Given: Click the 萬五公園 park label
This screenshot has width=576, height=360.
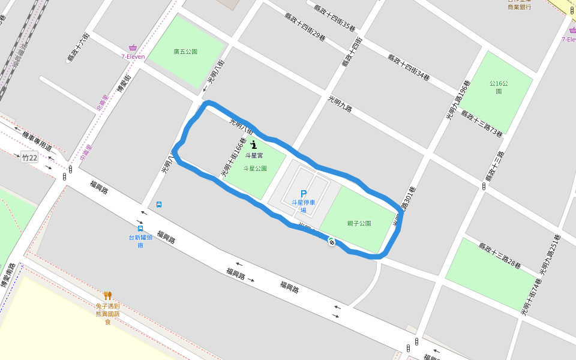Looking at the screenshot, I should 185,52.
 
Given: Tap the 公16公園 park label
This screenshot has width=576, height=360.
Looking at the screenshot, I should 499,87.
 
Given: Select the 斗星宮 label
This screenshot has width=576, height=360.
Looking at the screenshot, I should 254,155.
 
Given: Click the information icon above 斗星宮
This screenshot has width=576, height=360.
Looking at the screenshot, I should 254,145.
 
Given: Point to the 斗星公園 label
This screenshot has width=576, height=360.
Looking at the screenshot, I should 254,169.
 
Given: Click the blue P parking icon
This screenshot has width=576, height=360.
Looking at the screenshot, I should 303,194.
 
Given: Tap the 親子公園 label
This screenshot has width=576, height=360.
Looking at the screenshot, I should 359,223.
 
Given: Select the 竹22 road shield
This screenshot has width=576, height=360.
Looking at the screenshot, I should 29,158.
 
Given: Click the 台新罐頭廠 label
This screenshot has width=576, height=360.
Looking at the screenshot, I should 140,241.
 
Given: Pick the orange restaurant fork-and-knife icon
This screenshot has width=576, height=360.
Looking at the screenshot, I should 107,295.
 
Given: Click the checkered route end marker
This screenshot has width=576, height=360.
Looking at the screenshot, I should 331,241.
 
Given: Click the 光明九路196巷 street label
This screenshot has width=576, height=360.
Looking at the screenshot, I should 457,100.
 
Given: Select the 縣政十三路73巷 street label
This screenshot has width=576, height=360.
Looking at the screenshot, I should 482,123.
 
